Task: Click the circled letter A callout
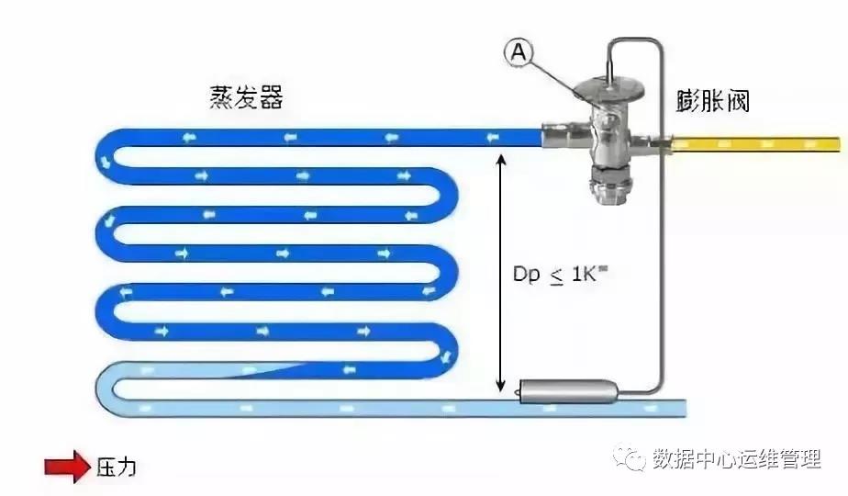pos(519,53)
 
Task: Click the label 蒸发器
pos(246,97)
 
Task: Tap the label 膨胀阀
pos(713,100)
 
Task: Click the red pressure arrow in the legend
pos(67,467)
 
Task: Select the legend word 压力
pos(117,467)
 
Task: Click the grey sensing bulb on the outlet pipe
pos(568,391)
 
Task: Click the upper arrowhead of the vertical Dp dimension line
pos(501,159)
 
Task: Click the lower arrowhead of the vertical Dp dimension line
pos(501,385)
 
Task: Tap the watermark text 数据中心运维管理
pos(736,459)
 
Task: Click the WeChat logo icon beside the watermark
pos(629,458)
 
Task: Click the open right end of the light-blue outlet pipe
pos(685,408)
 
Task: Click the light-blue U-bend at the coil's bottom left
pos(105,389)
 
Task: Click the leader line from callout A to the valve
pos(555,77)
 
